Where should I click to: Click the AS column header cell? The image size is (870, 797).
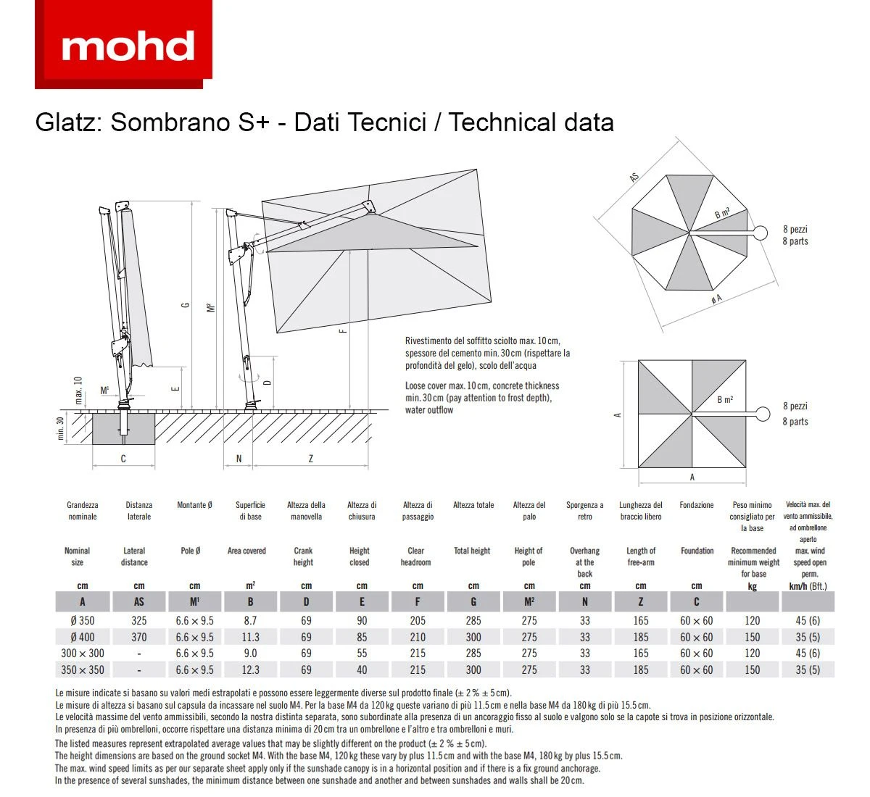pyautogui.click(x=139, y=602)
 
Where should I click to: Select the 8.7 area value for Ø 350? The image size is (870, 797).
pyautogui.click(x=250, y=621)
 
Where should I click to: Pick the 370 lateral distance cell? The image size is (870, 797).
pyautogui.click(x=139, y=638)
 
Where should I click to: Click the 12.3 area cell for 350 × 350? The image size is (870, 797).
pyautogui.click(x=250, y=670)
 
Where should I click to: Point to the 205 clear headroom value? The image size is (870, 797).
pyautogui.click(x=418, y=621)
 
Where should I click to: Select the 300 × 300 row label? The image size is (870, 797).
pyautogui.click(x=83, y=654)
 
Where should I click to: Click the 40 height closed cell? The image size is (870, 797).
pyautogui.click(x=362, y=670)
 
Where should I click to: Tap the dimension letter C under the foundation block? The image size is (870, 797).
pyautogui.click(x=123, y=459)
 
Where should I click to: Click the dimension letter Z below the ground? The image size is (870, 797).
pyautogui.click(x=311, y=459)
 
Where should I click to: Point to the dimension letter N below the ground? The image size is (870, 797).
pyautogui.click(x=239, y=459)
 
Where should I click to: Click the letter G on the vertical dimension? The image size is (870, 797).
pyautogui.click(x=186, y=306)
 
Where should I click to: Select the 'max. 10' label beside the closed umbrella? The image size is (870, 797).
pyautogui.click(x=78, y=390)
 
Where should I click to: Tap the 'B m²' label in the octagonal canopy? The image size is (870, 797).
pyautogui.click(x=722, y=213)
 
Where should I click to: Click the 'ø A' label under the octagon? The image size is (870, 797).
pyautogui.click(x=716, y=299)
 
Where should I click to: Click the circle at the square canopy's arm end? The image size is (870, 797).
pyautogui.click(x=762, y=414)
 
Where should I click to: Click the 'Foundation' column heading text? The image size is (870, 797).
pyautogui.click(x=697, y=551)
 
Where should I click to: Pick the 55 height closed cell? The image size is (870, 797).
pyautogui.click(x=362, y=654)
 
